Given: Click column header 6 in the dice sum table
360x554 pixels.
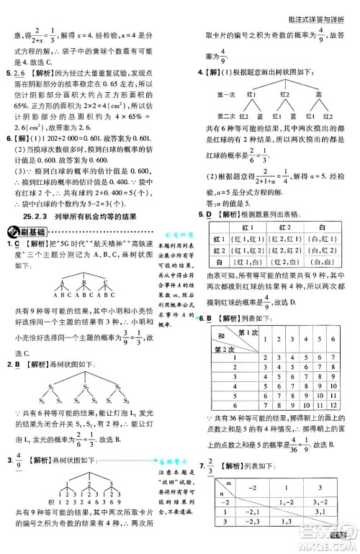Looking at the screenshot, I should click(x=343, y=337).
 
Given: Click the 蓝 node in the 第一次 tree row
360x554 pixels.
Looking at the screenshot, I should click(x=318, y=94).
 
